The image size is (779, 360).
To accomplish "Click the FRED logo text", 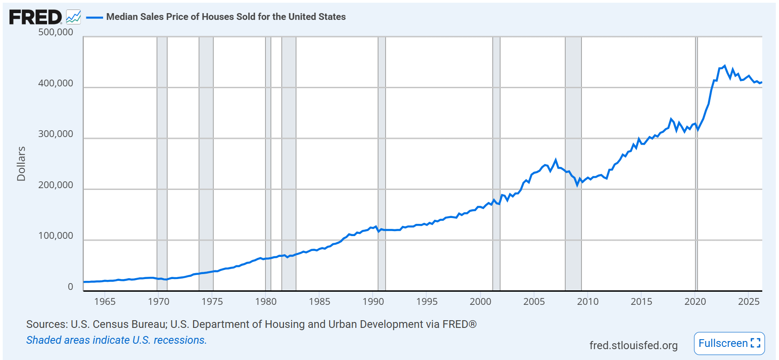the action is pos(35,17).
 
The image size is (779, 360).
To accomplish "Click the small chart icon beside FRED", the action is pos(73,17).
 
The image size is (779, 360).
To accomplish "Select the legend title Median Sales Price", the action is pos(226,17).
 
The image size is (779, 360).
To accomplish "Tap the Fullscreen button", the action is pos(729,343).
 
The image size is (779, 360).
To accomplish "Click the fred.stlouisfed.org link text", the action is pos(633,346).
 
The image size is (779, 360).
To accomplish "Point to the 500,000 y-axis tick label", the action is pos(56,32).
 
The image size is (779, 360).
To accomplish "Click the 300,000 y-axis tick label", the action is pos(56,134).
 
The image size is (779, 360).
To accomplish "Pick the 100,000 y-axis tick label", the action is pos(56,236).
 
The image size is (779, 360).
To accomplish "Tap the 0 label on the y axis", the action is pos(70,287).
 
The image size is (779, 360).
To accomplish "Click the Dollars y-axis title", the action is pos(21,164).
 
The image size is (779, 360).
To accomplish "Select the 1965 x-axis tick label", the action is pos(105,302).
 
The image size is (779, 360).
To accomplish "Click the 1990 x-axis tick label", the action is pos(373,302).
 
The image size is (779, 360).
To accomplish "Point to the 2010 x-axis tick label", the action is pos(588,302).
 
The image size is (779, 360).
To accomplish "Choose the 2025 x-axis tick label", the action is pos(749,302).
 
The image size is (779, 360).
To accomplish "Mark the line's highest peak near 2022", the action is pos(725,66).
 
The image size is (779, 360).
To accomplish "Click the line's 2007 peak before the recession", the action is pos(556,160).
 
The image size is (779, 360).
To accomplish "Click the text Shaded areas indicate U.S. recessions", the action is pos(116,340).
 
